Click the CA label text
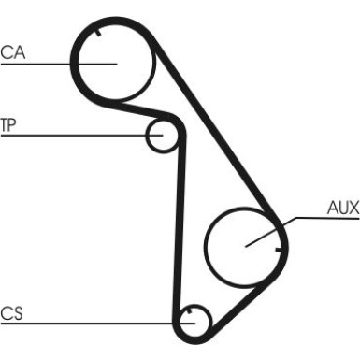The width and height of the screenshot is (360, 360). pos(13,52)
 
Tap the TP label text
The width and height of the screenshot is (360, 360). pos(8,125)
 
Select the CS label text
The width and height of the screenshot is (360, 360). pos(11,313)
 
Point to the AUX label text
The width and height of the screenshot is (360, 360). pos(343,208)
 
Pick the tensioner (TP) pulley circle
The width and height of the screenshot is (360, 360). pos(147,137)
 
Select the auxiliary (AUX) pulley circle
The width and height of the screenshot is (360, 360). pos(205,246)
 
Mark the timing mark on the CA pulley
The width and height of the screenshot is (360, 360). pos(98,33)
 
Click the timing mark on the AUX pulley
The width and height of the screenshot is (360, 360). pos(278,250)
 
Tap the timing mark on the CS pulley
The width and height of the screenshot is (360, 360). pos(189,310)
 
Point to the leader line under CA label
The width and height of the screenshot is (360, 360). pos(59,65)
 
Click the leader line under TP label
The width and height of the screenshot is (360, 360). pos(81,136)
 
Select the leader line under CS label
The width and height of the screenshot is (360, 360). pos(98,324)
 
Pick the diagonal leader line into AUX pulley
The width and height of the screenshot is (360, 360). pos(270,232)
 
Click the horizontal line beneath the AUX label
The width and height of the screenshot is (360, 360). pos(327,218)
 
